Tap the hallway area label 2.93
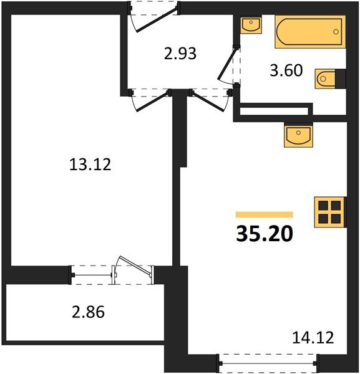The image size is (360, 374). click(180, 54)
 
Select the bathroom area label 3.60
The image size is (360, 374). click(286, 70)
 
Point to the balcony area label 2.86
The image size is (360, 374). click(87, 312)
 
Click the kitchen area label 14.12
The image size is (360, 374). click(313, 338)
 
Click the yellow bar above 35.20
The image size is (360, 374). click(265, 213)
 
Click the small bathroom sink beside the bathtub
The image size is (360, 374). click(253, 26)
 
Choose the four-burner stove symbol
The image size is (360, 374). click(330, 212)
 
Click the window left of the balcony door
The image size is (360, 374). click(91, 272)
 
